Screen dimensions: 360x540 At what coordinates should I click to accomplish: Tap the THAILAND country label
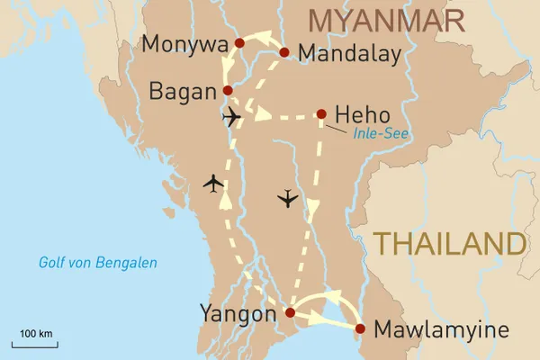pyautogui.click(x=449, y=244)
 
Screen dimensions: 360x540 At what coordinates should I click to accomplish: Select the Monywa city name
pyautogui.click(x=186, y=44)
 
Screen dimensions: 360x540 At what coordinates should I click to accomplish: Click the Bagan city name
pyautogui.click(x=184, y=91)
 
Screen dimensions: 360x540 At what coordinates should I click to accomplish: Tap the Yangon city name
pyautogui.click(x=238, y=314)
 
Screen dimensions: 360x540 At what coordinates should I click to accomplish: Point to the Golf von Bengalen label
pyautogui.click(x=98, y=263)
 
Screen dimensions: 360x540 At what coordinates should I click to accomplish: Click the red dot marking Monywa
pyautogui.click(x=239, y=42)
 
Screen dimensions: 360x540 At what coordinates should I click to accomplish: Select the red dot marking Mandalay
pyautogui.click(x=284, y=52)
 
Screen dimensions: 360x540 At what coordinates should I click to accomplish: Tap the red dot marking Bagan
pyautogui.click(x=228, y=90)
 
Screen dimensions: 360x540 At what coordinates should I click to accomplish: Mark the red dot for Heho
pyautogui.click(x=321, y=114)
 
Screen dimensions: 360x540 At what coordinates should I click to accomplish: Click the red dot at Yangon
pyautogui.click(x=289, y=312)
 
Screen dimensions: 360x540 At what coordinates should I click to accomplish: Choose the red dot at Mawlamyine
pyautogui.click(x=361, y=328)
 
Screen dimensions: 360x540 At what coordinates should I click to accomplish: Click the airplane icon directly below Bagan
pyautogui.click(x=231, y=118)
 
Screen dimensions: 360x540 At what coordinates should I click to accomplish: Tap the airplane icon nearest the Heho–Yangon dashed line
pyautogui.click(x=287, y=198)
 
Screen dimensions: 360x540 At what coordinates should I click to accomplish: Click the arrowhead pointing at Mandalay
pyautogui.click(x=269, y=39)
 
